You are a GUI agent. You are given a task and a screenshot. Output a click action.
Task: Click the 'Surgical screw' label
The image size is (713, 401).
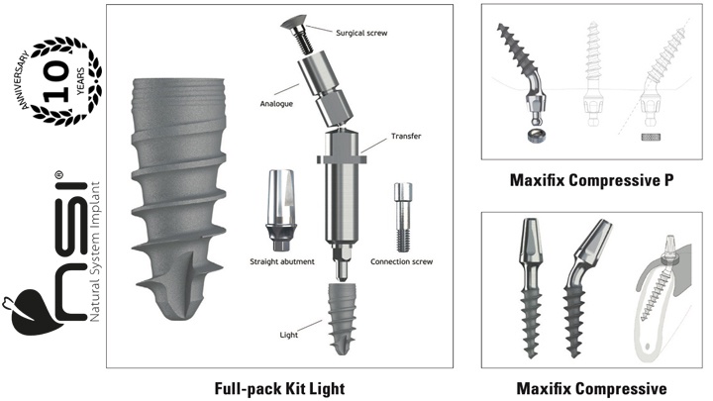click(361, 33)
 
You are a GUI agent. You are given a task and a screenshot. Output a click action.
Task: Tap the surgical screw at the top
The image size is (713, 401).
click(296, 35)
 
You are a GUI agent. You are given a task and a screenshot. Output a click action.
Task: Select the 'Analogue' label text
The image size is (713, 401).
click(276, 104)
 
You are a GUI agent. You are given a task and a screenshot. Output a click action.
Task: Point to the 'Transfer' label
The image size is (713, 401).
click(406, 136)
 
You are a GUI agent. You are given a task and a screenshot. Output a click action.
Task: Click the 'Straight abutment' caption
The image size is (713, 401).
click(282, 261)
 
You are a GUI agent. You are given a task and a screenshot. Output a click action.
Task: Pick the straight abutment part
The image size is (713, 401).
click(281, 210)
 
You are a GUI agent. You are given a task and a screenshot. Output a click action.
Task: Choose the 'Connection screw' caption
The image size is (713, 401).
click(401, 261)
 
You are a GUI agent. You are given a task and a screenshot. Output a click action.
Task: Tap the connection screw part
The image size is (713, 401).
click(403, 217)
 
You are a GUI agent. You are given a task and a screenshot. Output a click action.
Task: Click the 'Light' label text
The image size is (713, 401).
click(289, 335)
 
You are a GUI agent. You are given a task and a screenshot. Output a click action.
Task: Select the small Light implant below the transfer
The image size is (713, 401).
click(342, 319)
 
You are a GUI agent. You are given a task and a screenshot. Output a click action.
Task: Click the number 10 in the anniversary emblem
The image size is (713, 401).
click(56, 82)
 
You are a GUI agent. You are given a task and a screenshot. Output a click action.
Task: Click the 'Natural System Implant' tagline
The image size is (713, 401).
click(95, 251)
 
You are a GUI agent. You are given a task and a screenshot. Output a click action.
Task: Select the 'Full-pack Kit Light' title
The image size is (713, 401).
click(279, 389)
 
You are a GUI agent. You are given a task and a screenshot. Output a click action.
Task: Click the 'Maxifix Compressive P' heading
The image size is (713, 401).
click(591, 180)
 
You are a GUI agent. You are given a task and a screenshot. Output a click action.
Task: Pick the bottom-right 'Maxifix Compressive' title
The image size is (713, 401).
click(591, 389)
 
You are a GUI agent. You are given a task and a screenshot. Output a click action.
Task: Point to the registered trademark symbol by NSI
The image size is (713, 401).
click(59, 175)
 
